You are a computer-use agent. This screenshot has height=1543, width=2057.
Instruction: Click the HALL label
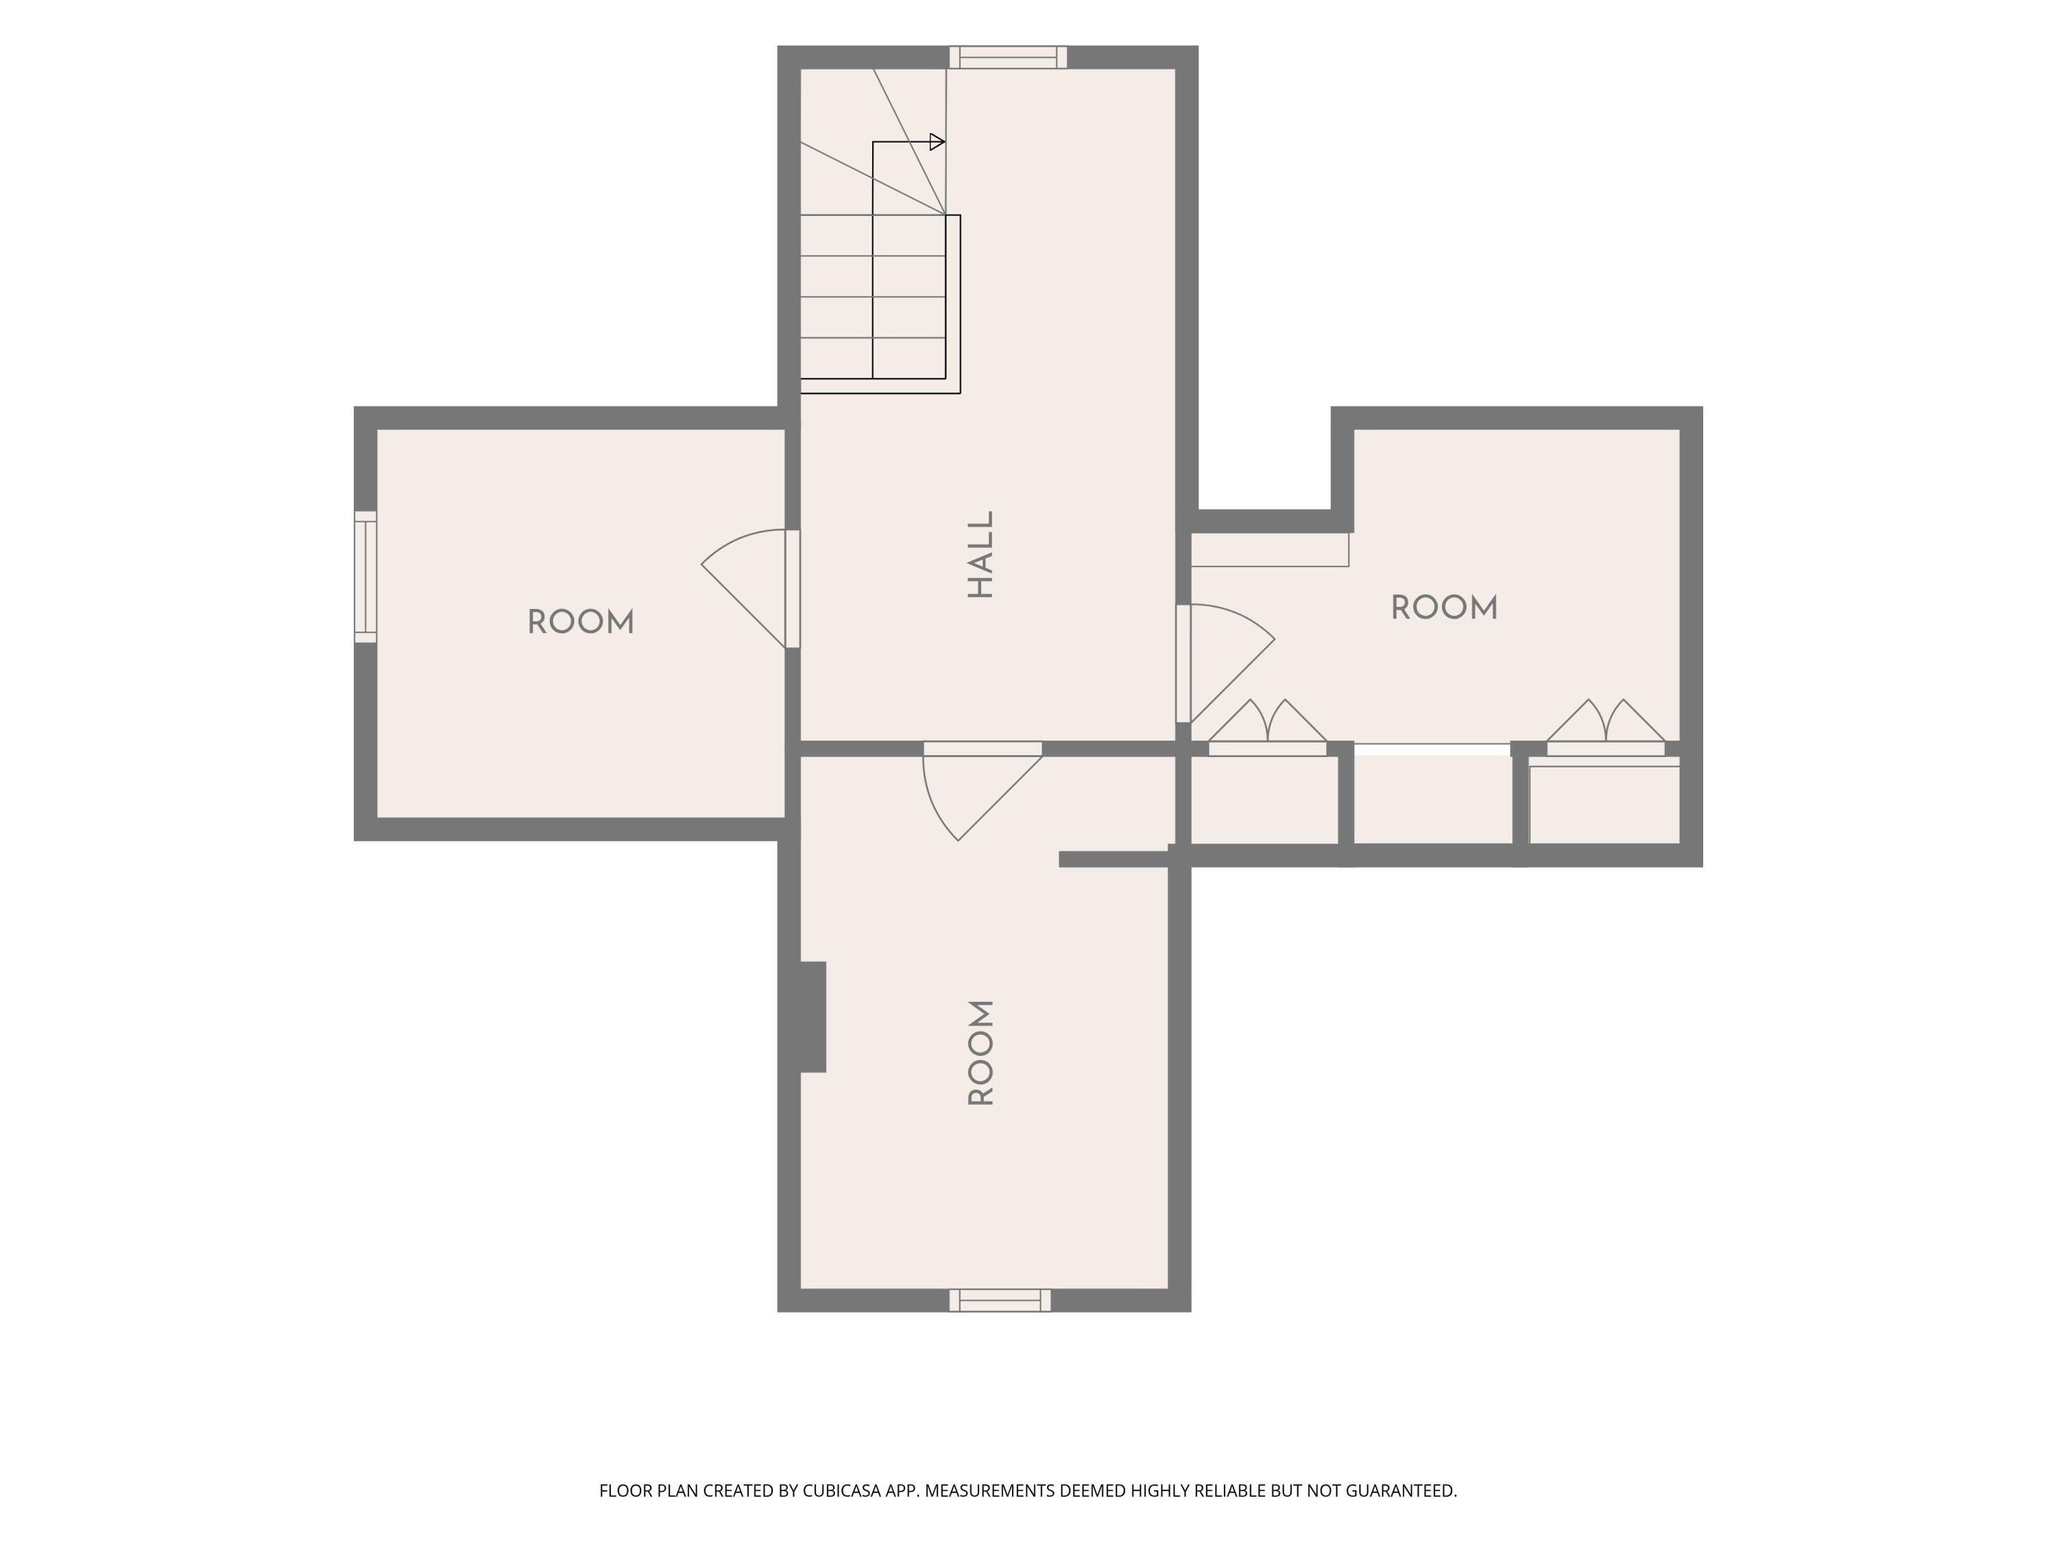tap(981, 554)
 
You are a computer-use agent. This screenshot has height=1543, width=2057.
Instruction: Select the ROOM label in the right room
tap(1444, 608)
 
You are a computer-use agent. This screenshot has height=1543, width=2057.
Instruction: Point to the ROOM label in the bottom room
tap(981, 1053)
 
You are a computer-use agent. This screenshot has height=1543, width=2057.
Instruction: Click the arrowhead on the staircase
tap(937, 143)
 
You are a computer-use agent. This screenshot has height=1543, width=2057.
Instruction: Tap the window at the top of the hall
tap(1008, 57)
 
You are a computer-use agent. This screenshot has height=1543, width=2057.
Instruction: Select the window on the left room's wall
tap(365, 576)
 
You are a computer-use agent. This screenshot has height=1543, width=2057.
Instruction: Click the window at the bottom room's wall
tap(1000, 1300)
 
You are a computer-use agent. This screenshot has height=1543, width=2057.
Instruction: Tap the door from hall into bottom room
tap(982, 791)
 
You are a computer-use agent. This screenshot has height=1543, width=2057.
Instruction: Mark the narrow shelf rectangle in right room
tap(1269, 550)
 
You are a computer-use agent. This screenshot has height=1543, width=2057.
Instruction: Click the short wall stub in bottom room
tap(1114, 859)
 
